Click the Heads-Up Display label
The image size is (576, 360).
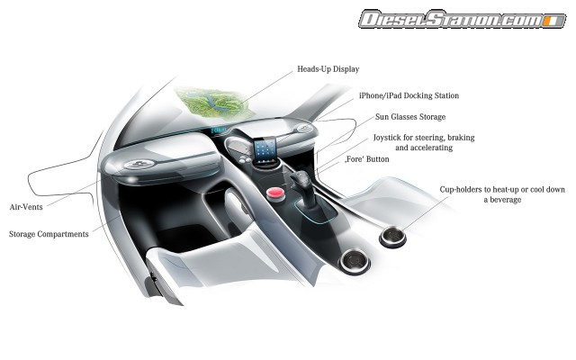[328, 69]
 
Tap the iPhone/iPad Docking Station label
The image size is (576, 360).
[409, 95]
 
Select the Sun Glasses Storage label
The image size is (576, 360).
[410, 117]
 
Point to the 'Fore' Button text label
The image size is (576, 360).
[367, 159]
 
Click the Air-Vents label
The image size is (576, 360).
[26, 207]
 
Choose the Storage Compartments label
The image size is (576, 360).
[49, 234]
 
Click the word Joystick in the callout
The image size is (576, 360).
[386, 138]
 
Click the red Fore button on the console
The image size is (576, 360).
[276, 193]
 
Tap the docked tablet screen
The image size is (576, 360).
[265, 149]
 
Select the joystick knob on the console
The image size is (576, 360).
[301, 179]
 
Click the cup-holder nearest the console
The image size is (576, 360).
[355, 261]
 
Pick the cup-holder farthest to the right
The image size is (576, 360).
[392, 236]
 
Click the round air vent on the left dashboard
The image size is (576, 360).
[139, 164]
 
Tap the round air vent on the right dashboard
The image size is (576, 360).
[304, 128]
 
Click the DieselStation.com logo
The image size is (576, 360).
[463, 19]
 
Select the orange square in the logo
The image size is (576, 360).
[550, 21]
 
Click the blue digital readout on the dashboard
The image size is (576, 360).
[219, 130]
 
